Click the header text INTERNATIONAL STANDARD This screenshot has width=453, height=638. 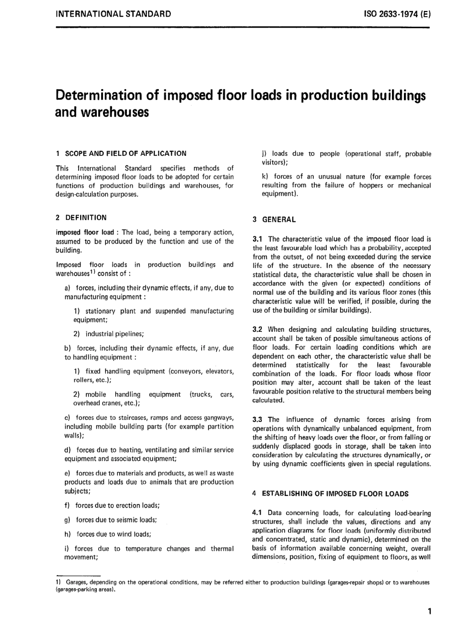[x=113, y=14]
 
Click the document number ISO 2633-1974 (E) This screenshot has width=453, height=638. [x=397, y=14]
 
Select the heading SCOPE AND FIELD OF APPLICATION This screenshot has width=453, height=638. [x=125, y=154]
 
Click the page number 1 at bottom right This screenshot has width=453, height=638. [x=429, y=611]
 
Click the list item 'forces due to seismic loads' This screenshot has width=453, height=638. [x=116, y=520]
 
